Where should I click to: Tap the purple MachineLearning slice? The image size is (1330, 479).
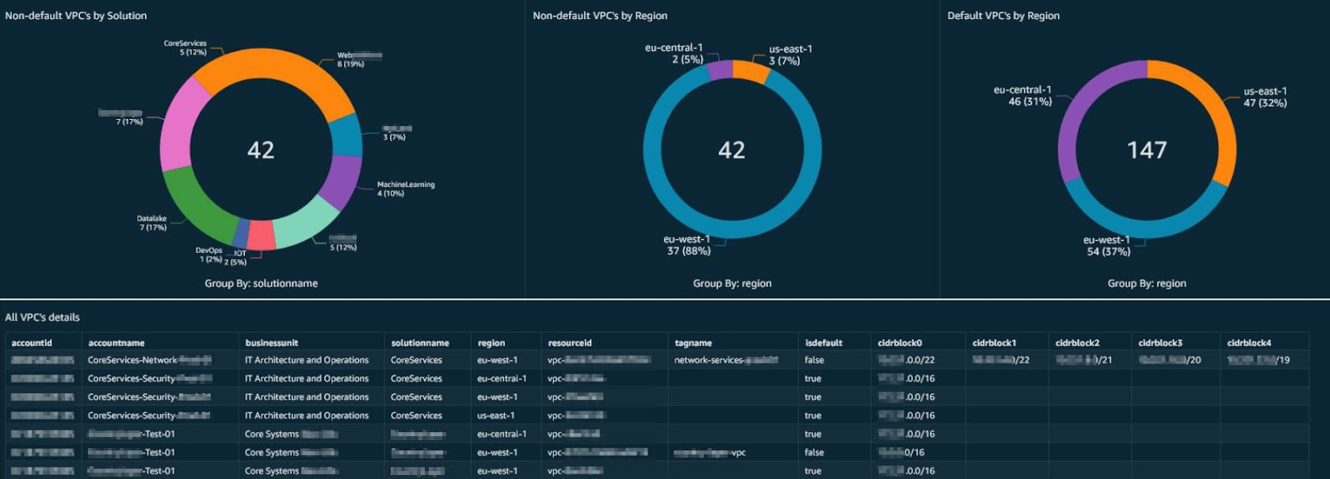coord(342,181)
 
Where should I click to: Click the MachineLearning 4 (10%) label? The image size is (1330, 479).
coord(405,189)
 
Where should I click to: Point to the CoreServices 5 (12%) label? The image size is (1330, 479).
coord(185,48)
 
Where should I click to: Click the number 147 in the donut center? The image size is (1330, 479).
coord(1146,150)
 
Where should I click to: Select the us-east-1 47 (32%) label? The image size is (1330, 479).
coord(1265,97)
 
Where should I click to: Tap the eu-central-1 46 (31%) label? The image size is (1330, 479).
coord(1022,95)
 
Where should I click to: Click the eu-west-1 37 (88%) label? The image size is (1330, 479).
coord(688,245)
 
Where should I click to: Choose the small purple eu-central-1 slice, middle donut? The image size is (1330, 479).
coord(720,70)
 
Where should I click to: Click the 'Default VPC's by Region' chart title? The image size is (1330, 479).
coord(1003,15)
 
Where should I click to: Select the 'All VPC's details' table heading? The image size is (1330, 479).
coord(43,317)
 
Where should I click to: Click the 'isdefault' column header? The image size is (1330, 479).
coord(824,343)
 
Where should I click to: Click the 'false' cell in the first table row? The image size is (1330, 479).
coord(814,360)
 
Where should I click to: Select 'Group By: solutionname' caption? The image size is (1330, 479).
coord(261,283)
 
